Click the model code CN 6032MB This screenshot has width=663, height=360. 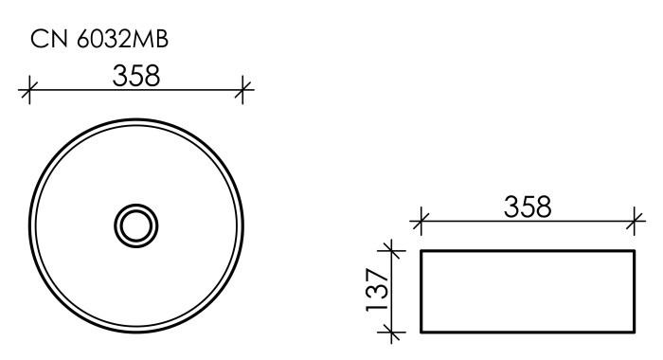click(100, 40)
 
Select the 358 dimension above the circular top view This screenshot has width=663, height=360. click(136, 76)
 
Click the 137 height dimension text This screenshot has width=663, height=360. click(376, 291)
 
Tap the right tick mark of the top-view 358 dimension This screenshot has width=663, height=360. click(244, 91)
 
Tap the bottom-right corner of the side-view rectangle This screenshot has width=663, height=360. click(634, 332)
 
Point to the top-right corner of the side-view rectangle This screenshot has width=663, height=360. click(634, 251)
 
